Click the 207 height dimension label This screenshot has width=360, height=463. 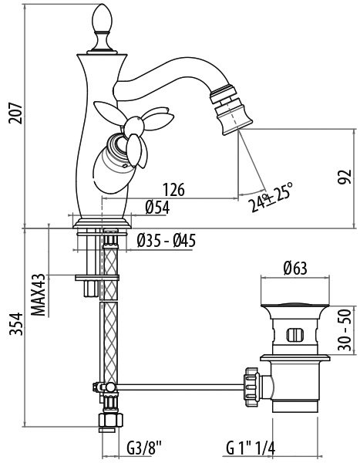[15, 113]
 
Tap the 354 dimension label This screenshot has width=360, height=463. [16, 324]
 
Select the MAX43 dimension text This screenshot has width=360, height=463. [39, 295]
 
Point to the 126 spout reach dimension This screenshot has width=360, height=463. [174, 189]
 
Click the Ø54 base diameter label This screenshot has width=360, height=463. [157, 207]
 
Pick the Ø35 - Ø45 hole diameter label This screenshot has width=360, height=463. [167, 241]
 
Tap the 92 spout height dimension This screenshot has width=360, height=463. [345, 177]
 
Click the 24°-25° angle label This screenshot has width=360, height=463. [271, 197]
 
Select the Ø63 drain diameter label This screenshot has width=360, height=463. [295, 268]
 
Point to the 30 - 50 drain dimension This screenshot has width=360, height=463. [345, 330]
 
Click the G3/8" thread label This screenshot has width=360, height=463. [145, 448]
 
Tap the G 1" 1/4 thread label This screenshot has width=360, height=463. [251, 448]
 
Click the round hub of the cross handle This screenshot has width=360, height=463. [134, 126]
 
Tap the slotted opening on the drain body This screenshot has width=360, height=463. [294, 335]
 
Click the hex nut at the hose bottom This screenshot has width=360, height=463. [110, 420]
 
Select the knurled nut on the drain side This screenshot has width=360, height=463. [251, 387]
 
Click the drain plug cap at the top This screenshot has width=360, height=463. [295, 306]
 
